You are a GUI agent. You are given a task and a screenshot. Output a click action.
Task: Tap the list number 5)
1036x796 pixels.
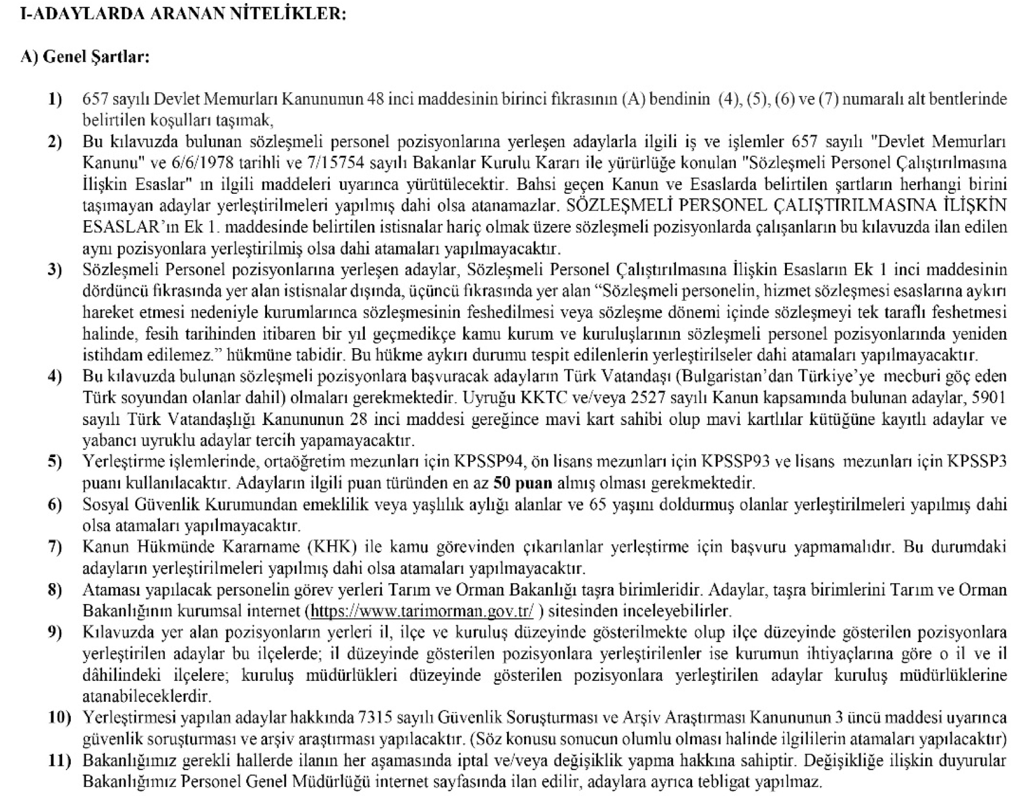tap(55, 461)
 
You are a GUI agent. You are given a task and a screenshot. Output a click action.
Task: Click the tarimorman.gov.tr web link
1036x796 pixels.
tap(423, 611)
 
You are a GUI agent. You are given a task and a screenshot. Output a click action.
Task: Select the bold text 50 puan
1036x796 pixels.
tap(523, 483)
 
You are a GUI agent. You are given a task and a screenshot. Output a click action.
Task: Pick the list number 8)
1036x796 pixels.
tap(55, 590)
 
